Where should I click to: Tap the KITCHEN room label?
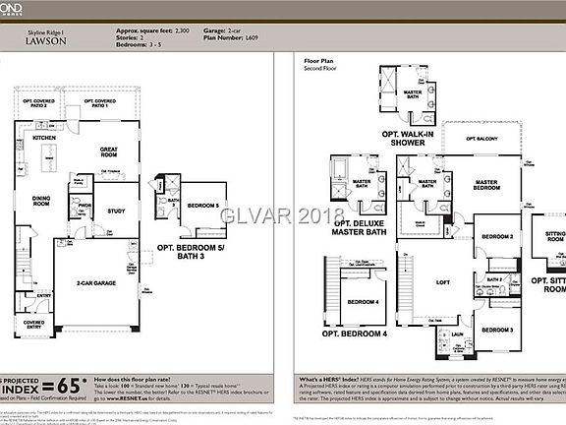click(43, 139)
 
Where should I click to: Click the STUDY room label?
click(115, 211)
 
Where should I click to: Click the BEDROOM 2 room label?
click(497, 237)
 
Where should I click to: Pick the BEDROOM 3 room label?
click(496, 330)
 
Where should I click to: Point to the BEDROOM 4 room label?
click(363, 301)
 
